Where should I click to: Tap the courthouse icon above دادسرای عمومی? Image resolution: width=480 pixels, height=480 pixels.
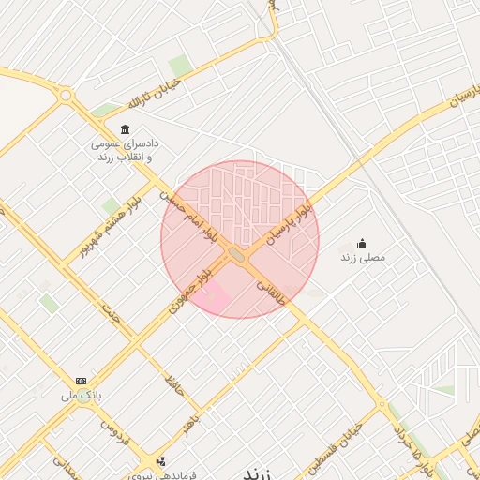pos(125,129)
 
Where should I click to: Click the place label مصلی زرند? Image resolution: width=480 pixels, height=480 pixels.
pos(362,258)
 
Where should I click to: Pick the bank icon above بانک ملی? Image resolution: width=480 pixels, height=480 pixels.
pos(82,381)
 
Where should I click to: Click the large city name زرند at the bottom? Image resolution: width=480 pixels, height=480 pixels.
pos(264,471)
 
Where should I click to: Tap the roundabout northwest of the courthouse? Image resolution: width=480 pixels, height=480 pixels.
pos(65,95)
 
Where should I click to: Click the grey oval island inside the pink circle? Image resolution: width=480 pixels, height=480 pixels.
pos(237,254)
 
